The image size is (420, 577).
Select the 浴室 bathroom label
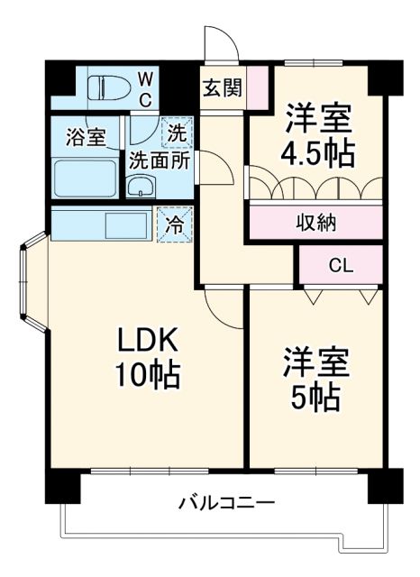point(86,138)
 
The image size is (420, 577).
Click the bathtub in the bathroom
point(85,176)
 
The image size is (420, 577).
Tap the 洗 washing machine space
point(177,135)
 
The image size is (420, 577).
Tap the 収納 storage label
point(315,222)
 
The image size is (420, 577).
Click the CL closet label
point(341,267)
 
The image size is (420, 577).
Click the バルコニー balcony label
point(226,502)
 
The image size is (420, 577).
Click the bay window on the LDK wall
point(32,284)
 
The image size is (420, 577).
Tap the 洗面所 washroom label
point(157,162)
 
